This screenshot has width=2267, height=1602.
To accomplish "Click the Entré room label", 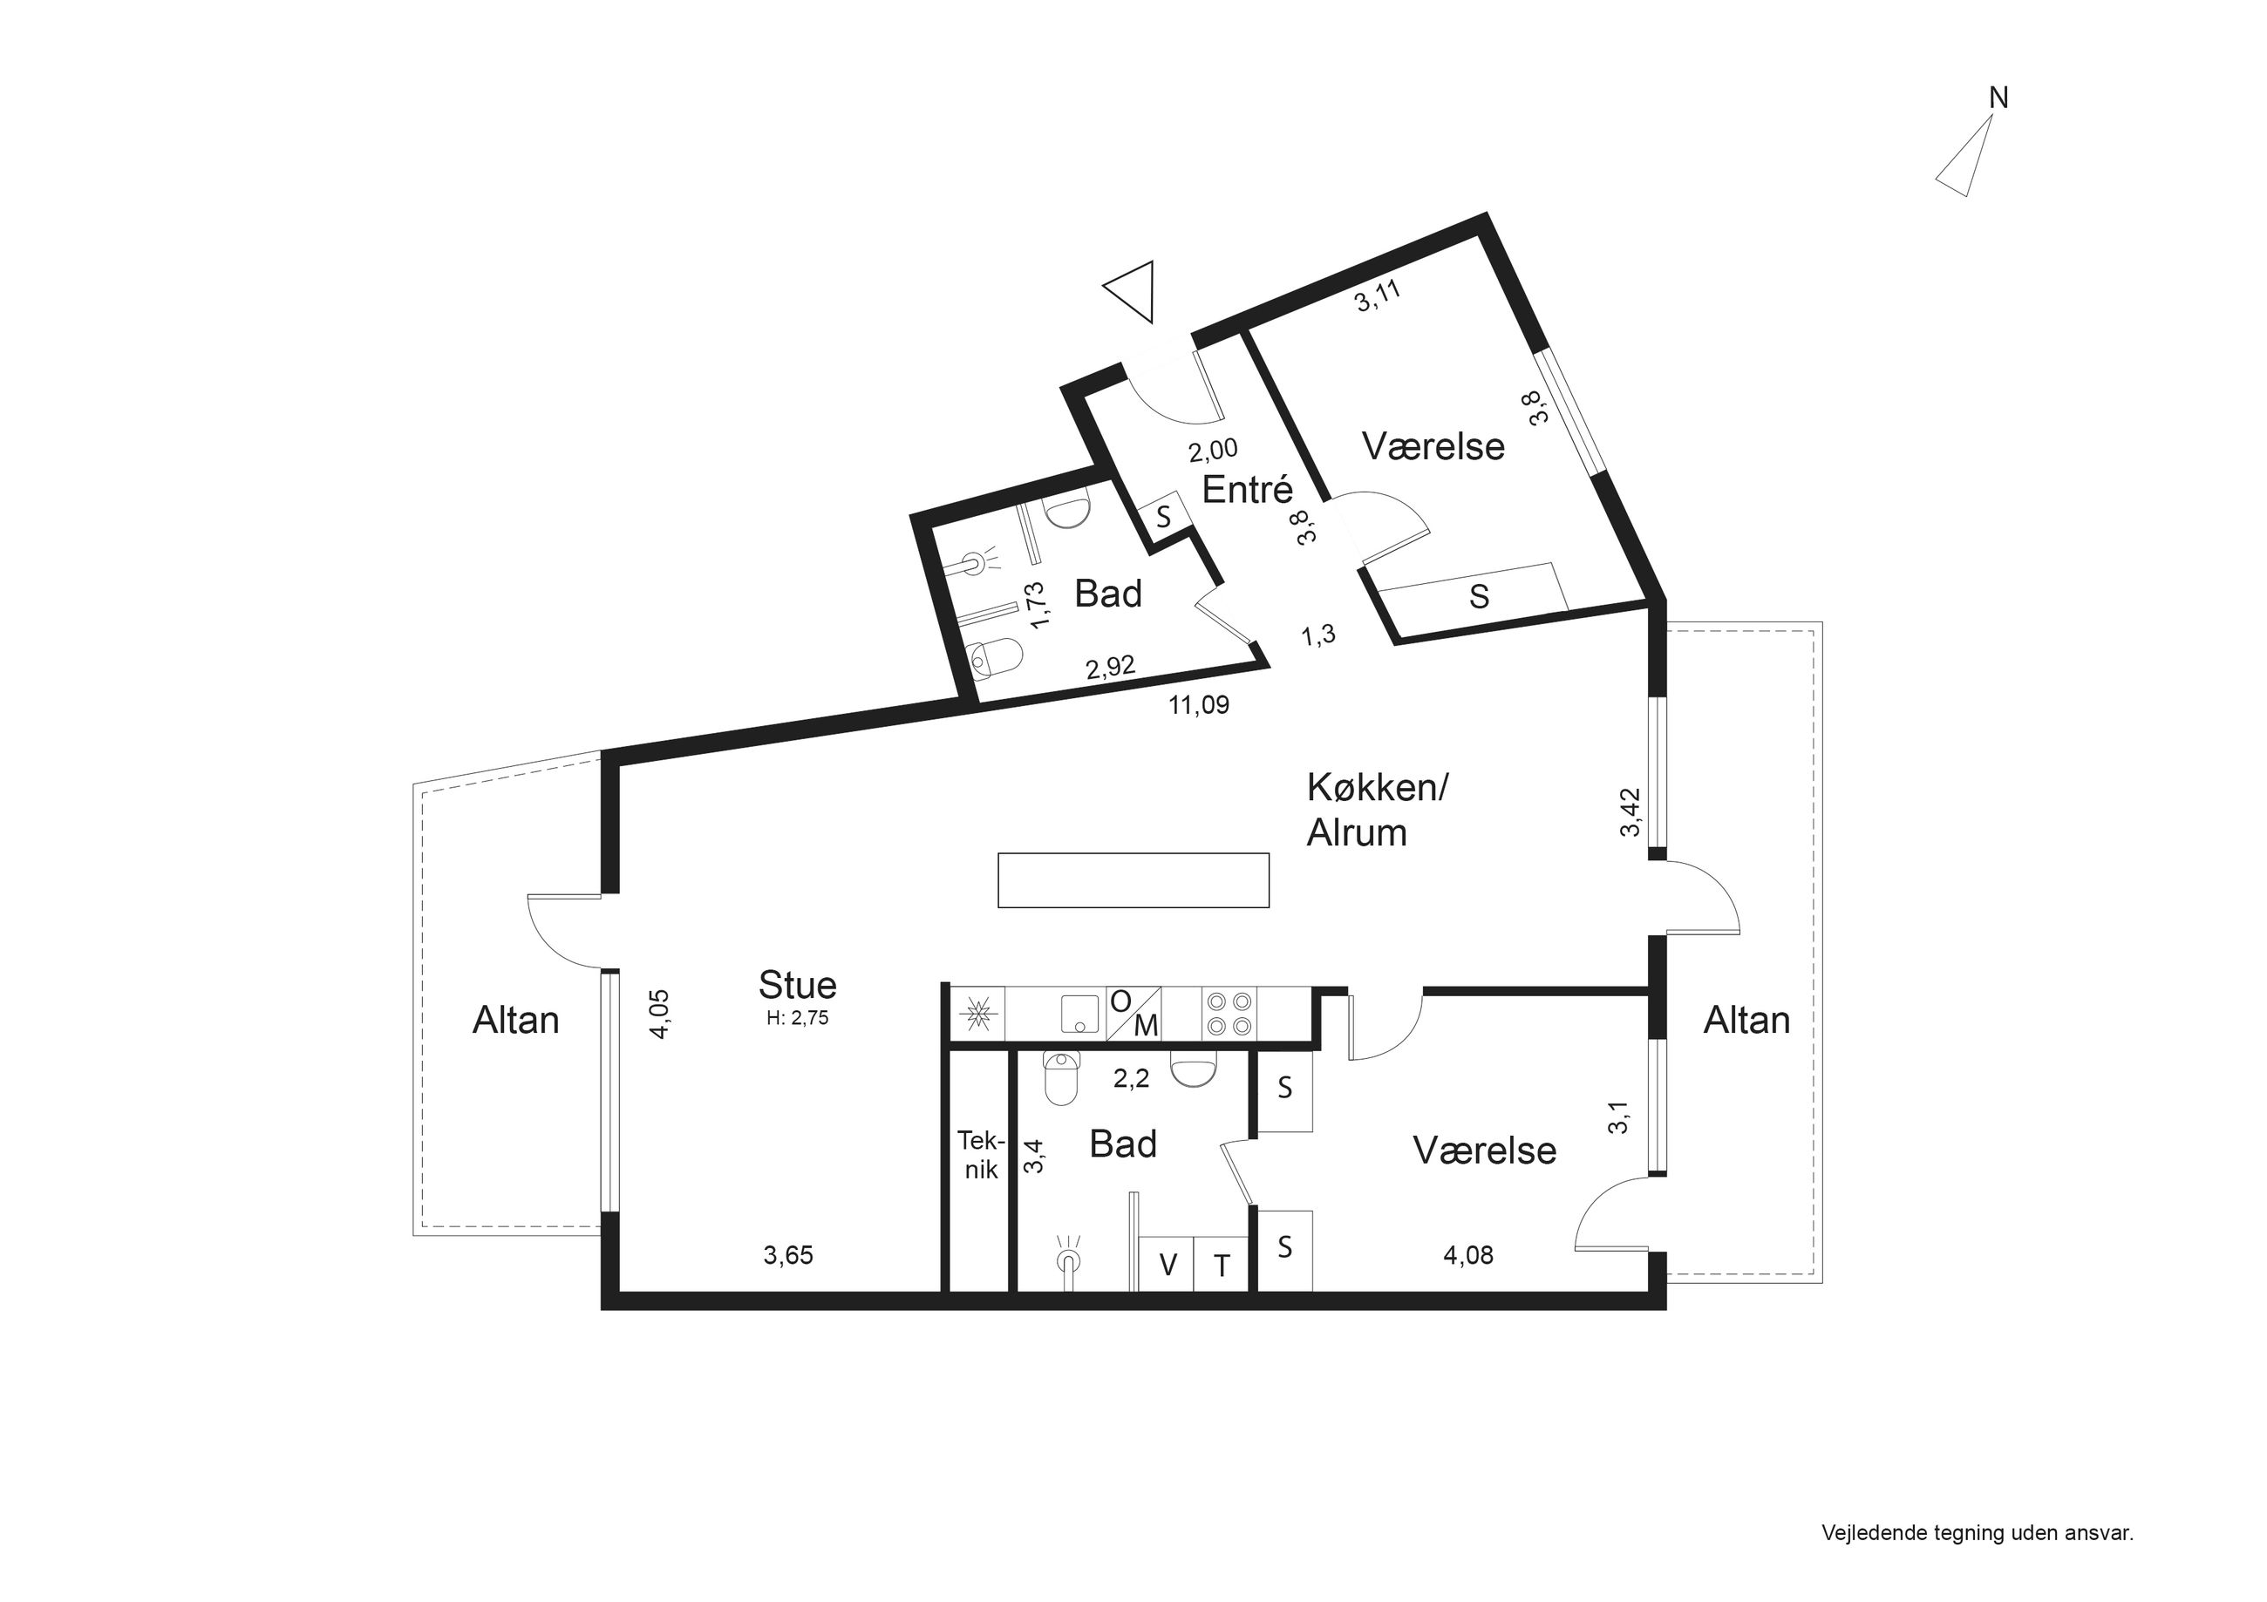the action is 1247,490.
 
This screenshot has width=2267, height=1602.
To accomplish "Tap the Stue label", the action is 798,985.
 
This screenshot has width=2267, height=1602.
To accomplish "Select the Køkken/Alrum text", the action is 1377,811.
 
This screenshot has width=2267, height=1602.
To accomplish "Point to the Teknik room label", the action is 980,1156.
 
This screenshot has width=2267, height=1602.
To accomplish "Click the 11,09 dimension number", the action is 1199,705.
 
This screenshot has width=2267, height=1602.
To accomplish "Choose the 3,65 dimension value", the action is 788,1256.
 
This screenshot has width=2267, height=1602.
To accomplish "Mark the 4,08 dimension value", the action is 1468,1256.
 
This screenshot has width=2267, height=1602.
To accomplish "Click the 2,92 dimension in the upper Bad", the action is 1110,669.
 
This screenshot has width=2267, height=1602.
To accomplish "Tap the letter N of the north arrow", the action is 1998,98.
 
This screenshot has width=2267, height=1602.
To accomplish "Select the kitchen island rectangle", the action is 1133,879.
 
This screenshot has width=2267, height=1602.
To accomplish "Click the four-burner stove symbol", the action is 1229,1013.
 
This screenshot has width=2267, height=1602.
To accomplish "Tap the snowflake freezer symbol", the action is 978,1014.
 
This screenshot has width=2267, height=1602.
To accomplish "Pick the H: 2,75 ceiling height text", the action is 797,1019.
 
